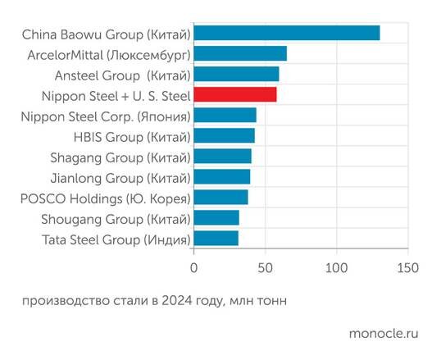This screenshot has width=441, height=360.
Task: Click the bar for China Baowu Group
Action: click(287, 34)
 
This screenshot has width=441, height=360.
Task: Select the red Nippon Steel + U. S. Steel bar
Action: click(235, 95)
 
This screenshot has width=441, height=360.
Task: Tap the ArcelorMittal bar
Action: click(240, 54)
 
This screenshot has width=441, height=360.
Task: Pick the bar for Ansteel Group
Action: click(236, 75)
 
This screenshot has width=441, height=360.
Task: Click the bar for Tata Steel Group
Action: click(216, 239)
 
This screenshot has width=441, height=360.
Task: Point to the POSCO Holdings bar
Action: click(220, 198)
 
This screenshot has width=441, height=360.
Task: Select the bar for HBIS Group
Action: click(225, 136)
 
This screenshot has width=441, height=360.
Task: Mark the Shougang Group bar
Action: click(216, 218)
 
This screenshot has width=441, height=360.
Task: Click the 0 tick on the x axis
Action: click(194, 268)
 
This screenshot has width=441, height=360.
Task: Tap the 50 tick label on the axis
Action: click(265, 268)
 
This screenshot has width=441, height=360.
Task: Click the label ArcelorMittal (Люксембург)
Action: click(109, 54)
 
